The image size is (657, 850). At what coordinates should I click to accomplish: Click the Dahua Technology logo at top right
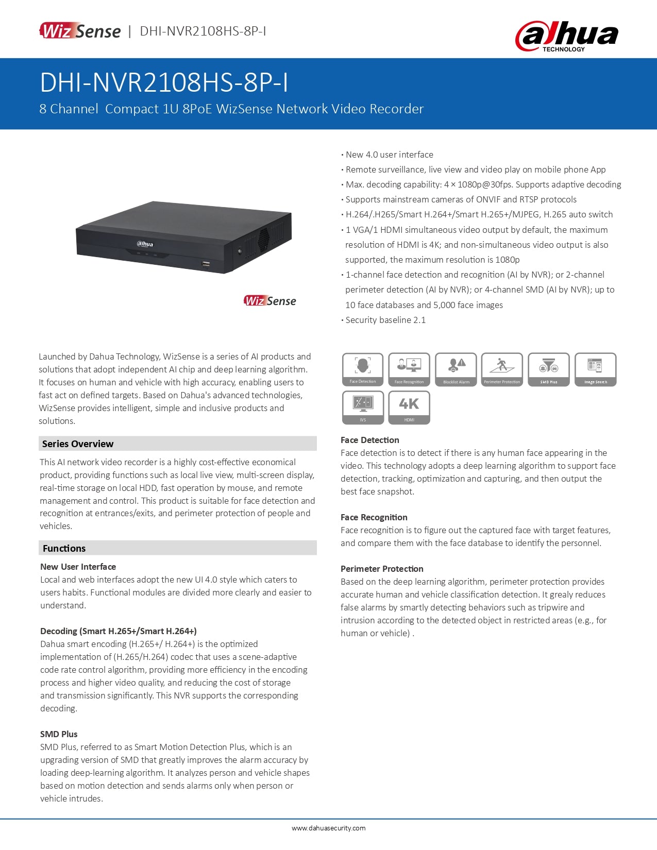(566, 36)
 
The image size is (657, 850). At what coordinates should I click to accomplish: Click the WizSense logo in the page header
(80, 31)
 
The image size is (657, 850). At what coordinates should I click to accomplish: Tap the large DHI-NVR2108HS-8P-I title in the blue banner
(164, 82)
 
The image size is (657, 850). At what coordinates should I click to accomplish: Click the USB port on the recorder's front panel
(206, 264)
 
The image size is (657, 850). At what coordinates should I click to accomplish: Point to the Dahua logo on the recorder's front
(145, 244)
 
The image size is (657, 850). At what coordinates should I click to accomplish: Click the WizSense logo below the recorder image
(270, 301)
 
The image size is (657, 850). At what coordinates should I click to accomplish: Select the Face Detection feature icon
(363, 369)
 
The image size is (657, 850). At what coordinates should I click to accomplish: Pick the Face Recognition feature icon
(409, 369)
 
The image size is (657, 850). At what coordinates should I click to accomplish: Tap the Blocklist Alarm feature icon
(456, 369)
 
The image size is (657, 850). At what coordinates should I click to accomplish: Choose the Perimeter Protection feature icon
(502, 369)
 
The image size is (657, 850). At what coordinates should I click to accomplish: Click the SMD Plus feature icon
(549, 369)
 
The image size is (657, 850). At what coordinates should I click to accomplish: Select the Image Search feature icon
(595, 369)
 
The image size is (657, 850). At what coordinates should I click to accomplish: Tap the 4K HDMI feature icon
(409, 407)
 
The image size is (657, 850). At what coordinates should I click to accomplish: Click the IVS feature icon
(363, 407)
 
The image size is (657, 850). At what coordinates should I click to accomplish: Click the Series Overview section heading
(78, 444)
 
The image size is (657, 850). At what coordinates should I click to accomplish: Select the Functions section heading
(64, 548)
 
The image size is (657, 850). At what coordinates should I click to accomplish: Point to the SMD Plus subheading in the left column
(59, 734)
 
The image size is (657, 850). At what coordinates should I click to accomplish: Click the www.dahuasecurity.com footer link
(328, 828)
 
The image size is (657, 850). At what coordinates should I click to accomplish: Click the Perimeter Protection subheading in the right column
(382, 569)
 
